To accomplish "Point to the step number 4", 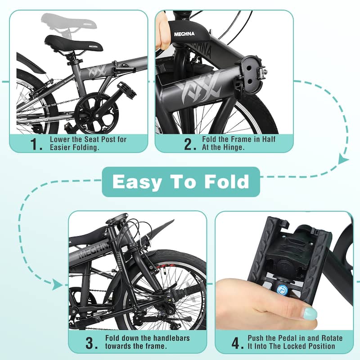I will (237, 343).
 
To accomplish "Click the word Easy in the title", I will (137, 182).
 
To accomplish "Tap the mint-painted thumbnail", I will (309, 313).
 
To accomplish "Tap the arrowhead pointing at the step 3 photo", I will (57, 284).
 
